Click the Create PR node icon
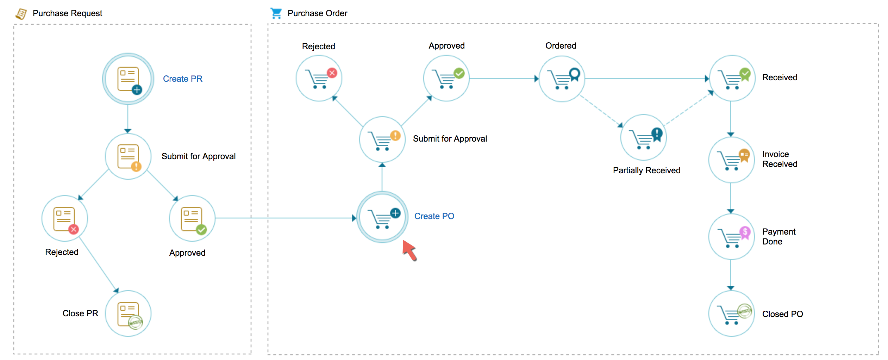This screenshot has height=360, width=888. pyautogui.click(x=128, y=79)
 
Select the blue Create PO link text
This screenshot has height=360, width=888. pyautogui.click(x=434, y=216)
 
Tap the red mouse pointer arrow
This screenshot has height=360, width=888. pyautogui.click(x=409, y=250)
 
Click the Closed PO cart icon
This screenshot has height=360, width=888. pyautogui.click(x=731, y=314)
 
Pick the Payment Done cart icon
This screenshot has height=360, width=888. pyautogui.click(x=731, y=237)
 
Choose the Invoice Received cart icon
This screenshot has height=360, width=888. pyautogui.click(x=731, y=160)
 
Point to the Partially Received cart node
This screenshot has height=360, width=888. pyautogui.click(x=643, y=137)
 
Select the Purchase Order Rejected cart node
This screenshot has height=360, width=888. pyautogui.click(x=319, y=78)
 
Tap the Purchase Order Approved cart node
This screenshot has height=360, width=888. pyautogui.click(x=446, y=78)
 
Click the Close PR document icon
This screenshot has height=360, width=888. pyautogui.click(x=128, y=314)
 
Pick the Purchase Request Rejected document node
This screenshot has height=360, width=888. pyautogui.click(x=65, y=218)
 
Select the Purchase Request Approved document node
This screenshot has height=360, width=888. pyautogui.click(x=192, y=218)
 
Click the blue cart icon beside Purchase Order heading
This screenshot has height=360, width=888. pyautogui.click(x=276, y=13)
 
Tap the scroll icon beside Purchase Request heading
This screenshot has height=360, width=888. pyautogui.click(x=21, y=14)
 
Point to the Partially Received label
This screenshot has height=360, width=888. pyautogui.click(x=646, y=170)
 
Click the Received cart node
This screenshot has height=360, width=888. pyautogui.click(x=732, y=78)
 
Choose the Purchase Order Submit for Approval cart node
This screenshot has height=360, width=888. pyautogui.click(x=382, y=139)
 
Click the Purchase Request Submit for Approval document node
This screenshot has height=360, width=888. pyautogui.click(x=128, y=156)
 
